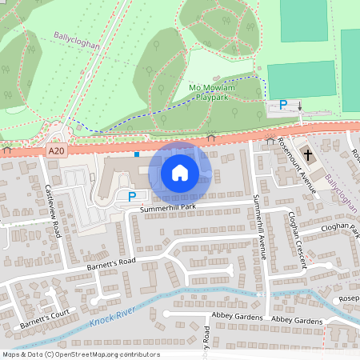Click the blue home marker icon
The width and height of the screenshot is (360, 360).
click(x=180, y=173)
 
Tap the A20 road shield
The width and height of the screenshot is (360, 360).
click(x=55, y=150)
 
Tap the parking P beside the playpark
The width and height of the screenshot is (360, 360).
click(x=282, y=105)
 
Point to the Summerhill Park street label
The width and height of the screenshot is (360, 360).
click(x=168, y=208)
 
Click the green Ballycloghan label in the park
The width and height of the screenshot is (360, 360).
click(x=77, y=40)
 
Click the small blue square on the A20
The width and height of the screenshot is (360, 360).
click(x=137, y=153)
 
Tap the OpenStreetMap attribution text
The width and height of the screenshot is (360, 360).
click(x=81, y=354)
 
